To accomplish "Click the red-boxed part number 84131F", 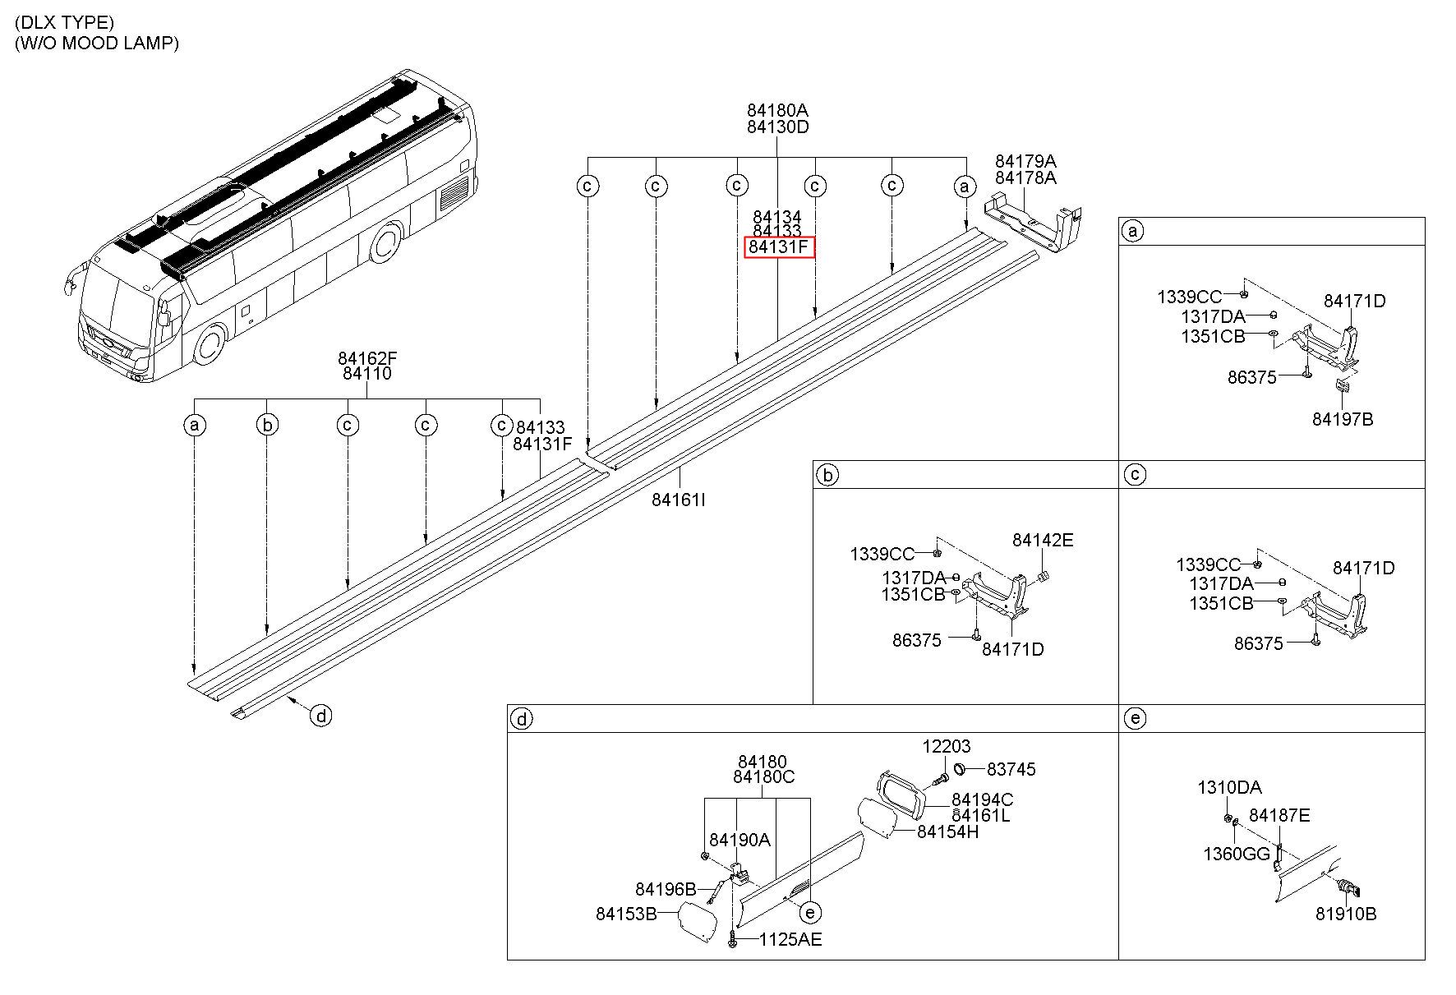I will point(779,247).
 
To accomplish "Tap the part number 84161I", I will point(679,500).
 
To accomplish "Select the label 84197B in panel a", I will point(1343,419).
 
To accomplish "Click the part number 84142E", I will point(1043,540).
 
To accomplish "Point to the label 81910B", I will point(1346,914).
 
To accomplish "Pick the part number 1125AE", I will point(790,939).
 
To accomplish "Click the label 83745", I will point(1011,769).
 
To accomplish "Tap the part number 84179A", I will point(1025,161).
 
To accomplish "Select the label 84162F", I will point(367,358).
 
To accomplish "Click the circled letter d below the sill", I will point(321,716).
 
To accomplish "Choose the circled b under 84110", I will point(267,425).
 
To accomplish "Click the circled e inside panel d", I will point(810,912).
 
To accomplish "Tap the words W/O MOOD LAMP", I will point(97,43).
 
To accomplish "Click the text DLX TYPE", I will point(65,22).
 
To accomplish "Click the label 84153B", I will point(625,914).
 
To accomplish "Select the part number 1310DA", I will point(1229,788).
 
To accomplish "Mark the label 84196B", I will point(666,889).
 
